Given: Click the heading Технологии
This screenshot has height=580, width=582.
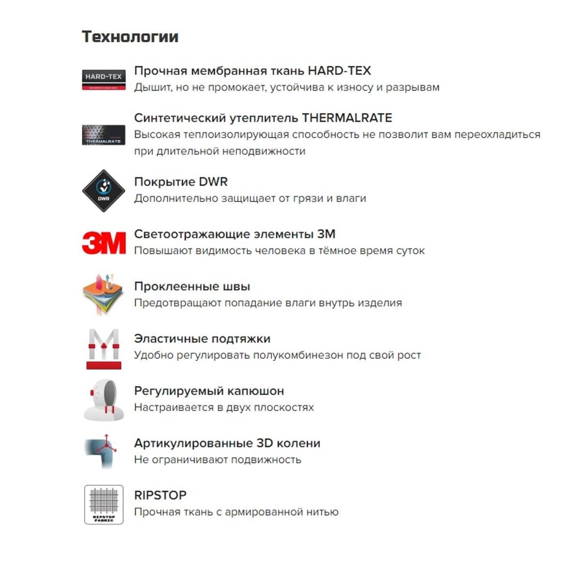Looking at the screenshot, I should (130, 37).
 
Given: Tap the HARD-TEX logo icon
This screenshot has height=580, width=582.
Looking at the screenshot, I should (104, 80).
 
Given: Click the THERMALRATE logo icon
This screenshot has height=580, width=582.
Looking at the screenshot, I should (104, 135).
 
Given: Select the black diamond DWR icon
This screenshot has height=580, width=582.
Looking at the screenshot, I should (104, 191).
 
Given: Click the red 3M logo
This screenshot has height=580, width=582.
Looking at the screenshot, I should (104, 243).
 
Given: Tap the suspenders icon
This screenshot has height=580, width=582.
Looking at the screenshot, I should (104, 349).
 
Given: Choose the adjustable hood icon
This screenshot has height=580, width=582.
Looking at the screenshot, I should (104, 400).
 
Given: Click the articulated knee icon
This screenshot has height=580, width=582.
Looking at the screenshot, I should (102, 451).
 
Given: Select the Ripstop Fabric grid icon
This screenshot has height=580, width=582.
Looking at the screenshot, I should (104, 505).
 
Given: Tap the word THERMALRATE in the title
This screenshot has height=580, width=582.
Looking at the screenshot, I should (347, 118).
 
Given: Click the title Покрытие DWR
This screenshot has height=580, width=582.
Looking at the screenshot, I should (180, 182).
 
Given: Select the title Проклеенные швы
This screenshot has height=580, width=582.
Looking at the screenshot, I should (192, 287).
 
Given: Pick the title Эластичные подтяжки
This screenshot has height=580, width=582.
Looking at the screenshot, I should (202, 339).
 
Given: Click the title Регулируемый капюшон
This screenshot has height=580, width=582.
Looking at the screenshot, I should (209, 391).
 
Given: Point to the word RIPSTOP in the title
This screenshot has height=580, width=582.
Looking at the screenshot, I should (160, 495).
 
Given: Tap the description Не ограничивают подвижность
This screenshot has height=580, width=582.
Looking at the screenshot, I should (217, 460).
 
